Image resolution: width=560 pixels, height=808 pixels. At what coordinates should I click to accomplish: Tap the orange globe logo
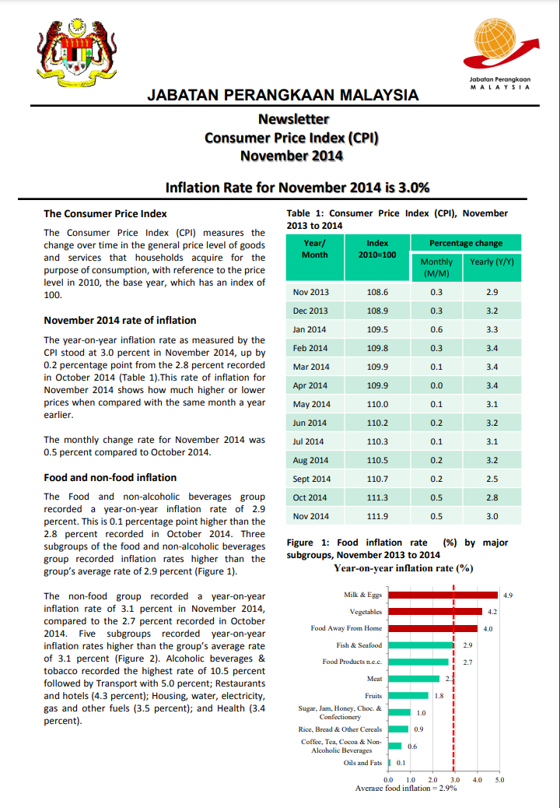click(497, 44)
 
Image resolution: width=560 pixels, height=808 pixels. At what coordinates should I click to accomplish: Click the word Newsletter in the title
click(293, 119)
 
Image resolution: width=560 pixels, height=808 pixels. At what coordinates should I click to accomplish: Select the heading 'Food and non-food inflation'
click(110, 477)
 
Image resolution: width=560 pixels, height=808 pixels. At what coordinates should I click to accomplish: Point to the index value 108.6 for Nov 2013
click(377, 292)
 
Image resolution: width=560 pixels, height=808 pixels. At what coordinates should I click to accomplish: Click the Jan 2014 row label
click(310, 329)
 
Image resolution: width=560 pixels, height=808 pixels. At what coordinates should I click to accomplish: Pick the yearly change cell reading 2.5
click(492, 479)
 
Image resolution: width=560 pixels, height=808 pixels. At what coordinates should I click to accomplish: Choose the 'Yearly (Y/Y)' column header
click(492, 262)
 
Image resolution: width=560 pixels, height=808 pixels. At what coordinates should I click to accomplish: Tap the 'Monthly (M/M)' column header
click(436, 268)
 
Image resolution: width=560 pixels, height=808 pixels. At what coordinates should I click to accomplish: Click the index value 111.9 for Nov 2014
click(377, 516)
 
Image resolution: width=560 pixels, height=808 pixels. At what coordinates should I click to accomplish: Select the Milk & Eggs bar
click(443, 595)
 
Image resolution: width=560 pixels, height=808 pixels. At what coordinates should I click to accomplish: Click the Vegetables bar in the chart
click(436, 612)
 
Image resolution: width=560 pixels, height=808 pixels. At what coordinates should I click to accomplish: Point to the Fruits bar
click(408, 695)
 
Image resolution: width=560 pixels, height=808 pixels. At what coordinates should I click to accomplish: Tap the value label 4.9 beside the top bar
click(508, 595)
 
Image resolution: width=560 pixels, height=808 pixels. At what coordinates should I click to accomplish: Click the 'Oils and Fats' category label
click(362, 762)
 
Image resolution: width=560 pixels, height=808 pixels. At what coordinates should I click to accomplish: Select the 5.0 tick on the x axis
click(499, 779)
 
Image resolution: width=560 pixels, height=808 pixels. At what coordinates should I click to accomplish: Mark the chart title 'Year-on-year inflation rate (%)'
click(404, 568)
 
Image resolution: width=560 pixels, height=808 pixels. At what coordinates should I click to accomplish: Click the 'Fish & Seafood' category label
click(359, 645)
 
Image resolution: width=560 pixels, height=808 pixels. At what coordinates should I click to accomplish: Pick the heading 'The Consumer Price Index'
click(105, 213)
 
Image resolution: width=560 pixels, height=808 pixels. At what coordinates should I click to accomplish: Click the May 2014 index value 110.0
click(377, 404)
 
